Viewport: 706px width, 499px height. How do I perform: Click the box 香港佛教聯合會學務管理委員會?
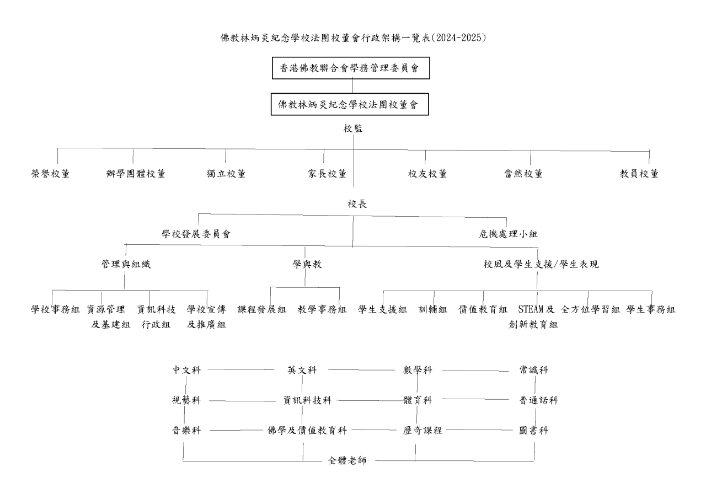pos(351,68)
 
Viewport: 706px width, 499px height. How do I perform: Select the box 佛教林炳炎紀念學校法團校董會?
pos(350,104)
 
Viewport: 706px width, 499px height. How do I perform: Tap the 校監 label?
pos(353,128)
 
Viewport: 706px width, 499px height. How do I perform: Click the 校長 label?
pos(357,204)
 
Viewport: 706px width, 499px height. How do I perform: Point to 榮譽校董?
pos(50,174)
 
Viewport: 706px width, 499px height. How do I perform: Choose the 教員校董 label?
pos(639,174)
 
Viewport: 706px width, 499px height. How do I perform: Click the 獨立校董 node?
pos(226,174)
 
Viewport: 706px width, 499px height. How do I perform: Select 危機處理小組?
pos(508,234)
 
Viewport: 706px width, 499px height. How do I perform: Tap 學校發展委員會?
pos(196,234)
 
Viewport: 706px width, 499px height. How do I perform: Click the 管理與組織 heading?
pos(126,264)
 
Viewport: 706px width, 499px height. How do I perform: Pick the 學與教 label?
pos(307,264)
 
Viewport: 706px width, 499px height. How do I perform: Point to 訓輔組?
pos(433,309)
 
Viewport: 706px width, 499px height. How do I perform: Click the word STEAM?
pos(531,309)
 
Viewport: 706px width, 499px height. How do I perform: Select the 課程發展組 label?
pos(261,309)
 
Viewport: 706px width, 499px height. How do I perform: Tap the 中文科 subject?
pos(186,370)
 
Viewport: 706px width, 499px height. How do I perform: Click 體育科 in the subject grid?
pos(418,400)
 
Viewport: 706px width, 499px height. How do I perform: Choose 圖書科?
pos(533,430)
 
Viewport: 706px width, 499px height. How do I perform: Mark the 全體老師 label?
pos(347,460)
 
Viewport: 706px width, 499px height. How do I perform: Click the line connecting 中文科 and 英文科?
pos(241,369)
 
